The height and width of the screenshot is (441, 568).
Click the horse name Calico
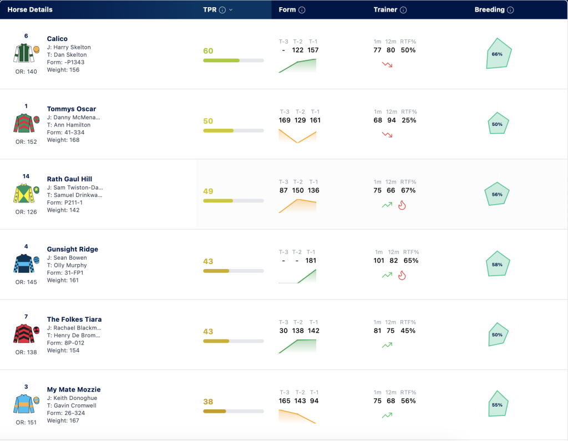(x=57, y=39)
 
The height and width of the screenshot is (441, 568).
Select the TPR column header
(x=210, y=10)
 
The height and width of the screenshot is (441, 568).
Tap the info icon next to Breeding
(x=510, y=10)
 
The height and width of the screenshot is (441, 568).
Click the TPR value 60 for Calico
(x=209, y=50)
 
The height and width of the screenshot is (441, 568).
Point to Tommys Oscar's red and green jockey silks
(x=24, y=123)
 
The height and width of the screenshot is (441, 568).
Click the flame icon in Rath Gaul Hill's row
(x=402, y=205)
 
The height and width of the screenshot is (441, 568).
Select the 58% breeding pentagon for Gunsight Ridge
(x=498, y=264)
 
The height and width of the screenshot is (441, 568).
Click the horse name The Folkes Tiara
(x=74, y=320)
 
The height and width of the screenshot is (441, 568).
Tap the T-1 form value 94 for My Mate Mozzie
(x=315, y=401)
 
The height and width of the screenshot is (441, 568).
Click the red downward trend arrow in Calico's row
(x=387, y=64)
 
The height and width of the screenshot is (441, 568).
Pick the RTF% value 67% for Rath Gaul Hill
(x=408, y=190)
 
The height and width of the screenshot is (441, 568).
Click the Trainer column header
(x=386, y=10)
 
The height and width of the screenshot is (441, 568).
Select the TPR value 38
(x=209, y=402)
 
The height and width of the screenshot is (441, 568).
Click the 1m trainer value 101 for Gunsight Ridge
(x=379, y=261)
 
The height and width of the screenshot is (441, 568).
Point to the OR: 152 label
(x=26, y=141)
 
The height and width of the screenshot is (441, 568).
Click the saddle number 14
(x=26, y=176)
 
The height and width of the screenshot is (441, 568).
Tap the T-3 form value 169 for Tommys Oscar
(x=285, y=120)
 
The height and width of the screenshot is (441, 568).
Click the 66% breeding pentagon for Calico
(x=498, y=54)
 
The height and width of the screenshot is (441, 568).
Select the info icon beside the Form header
(x=302, y=10)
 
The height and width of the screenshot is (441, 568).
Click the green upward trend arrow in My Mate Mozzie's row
(x=387, y=415)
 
